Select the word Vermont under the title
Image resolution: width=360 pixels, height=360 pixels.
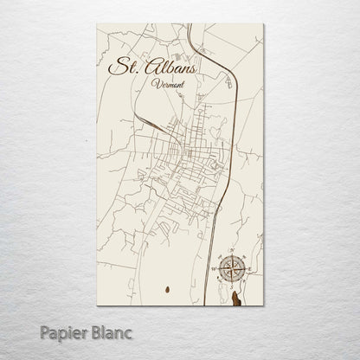click(x=165, y=84)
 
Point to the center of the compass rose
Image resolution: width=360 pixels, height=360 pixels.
click(x=231, y=269)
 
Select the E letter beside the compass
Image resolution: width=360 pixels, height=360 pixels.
click(x=248, y=269)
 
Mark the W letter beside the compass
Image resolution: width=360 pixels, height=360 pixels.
click(x=214, y=269)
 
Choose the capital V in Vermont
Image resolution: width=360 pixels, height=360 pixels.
click(x=152, y=83)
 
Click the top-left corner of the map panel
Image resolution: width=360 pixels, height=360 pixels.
click(x=97, y=23)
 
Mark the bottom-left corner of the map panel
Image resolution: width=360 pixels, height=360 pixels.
click(x=97, y=305)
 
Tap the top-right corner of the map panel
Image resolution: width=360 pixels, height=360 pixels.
click(x=264, y=23)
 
